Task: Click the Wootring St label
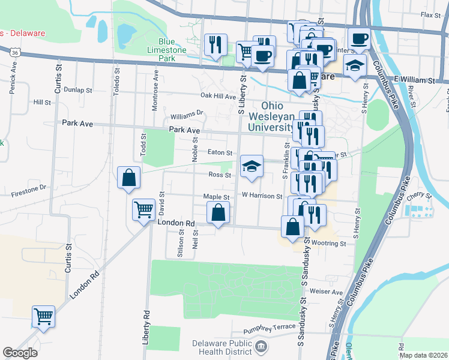click(x=329, y=244)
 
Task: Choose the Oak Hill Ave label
click(x=218, y=96)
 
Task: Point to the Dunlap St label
click(x=79, y=90)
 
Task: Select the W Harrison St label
click(x=262, y=196)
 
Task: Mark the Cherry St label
click(x=420, y=196)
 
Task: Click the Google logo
click(x=20, y=353)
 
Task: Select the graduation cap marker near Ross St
click(x=252, y=167)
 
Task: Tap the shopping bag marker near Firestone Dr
click(x=129, y=178)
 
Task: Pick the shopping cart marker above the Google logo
click(x=44, y=316)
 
